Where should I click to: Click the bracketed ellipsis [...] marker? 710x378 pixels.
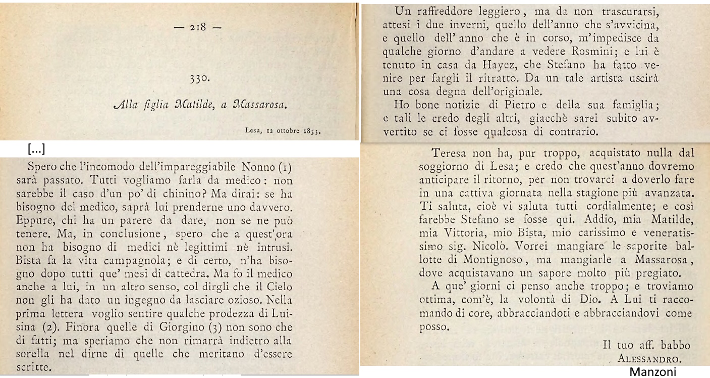click(37, 149)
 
